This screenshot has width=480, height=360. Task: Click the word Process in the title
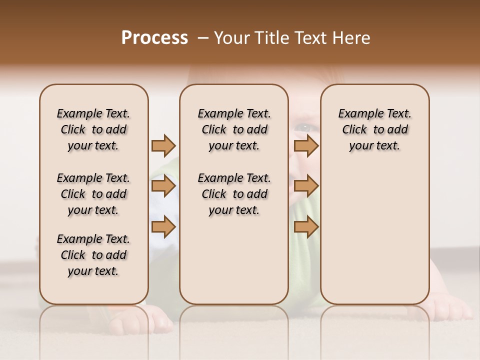tap(154, 38)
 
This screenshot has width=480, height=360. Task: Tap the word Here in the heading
tap(352, 38)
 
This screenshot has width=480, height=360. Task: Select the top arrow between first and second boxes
tap(163, 145)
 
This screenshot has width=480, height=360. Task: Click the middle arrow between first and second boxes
tap(163, 186)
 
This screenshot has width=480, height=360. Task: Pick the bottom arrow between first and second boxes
tap(163, 227)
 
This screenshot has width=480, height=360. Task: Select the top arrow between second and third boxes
tap(306, 145)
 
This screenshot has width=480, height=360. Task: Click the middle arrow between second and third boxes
tap(306, 186)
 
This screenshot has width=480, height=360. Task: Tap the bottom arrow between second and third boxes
tap(306, 227)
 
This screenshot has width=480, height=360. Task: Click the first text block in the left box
tap(93, 129)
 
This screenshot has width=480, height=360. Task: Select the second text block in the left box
tap(93, 194)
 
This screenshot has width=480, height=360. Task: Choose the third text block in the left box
tap(93, 255)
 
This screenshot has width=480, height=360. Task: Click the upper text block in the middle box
tap(234, 129)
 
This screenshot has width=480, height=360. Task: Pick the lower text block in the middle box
tap(234, 194)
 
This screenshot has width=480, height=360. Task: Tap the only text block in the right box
tap(374, 129)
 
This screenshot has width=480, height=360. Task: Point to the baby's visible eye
tap(302, 128)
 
